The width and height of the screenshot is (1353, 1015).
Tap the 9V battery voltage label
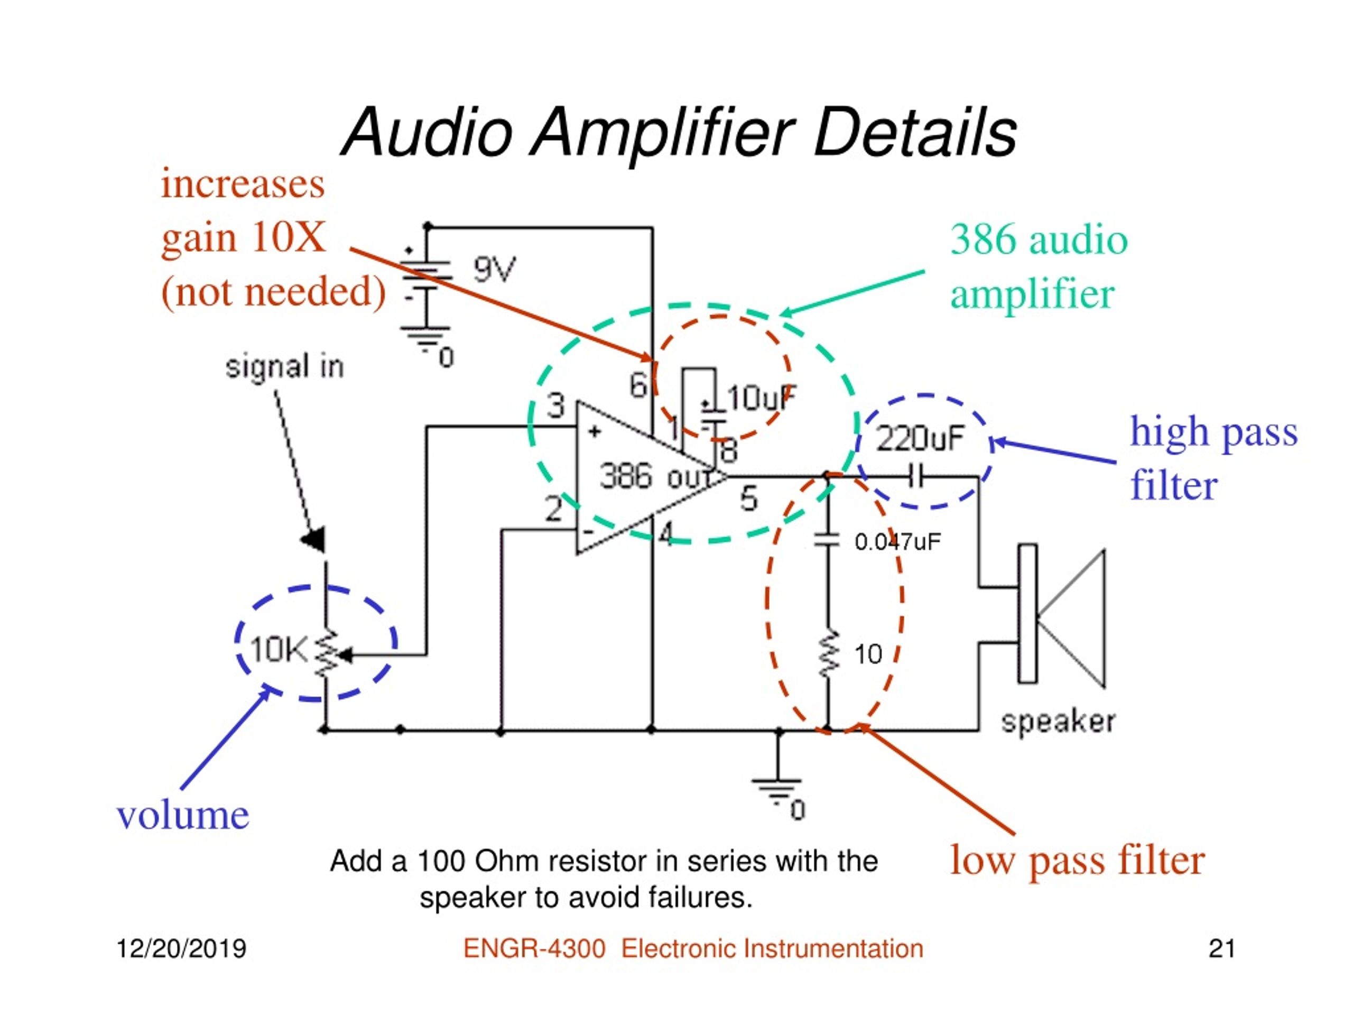point(494,269)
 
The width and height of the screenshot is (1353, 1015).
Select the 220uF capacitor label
point(920,438)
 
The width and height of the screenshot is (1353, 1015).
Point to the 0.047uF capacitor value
point(897,541)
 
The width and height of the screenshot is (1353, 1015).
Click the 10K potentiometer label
point(279,650)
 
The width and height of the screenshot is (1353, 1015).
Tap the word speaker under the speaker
point(1058,722)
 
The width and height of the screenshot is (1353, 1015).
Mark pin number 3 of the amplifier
point(555,405)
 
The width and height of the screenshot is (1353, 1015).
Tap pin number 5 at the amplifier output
point(749,498)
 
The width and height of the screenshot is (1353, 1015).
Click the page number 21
point(1221,949)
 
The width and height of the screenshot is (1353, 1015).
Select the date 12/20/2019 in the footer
point(181,949)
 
